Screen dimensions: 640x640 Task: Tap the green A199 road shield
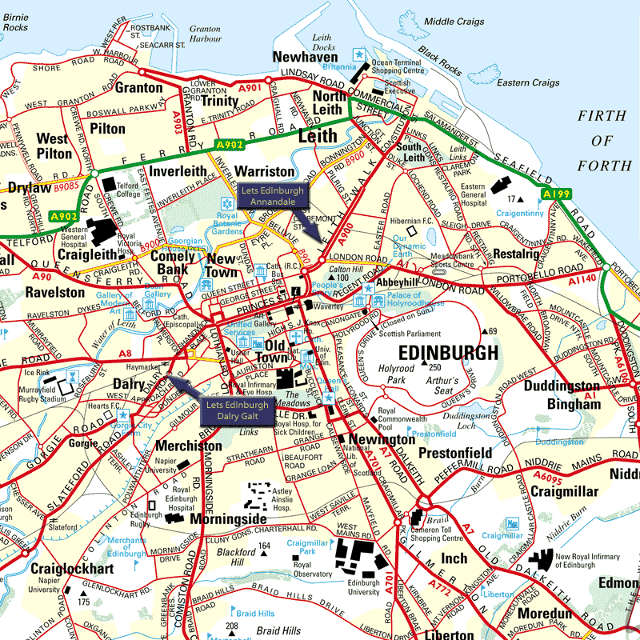(554, 194)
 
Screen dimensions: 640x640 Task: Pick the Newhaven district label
(306, 57)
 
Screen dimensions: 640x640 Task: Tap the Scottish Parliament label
(410, 334)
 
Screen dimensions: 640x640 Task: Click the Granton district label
(138, 88)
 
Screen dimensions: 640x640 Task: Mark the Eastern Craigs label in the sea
(528, 82)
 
